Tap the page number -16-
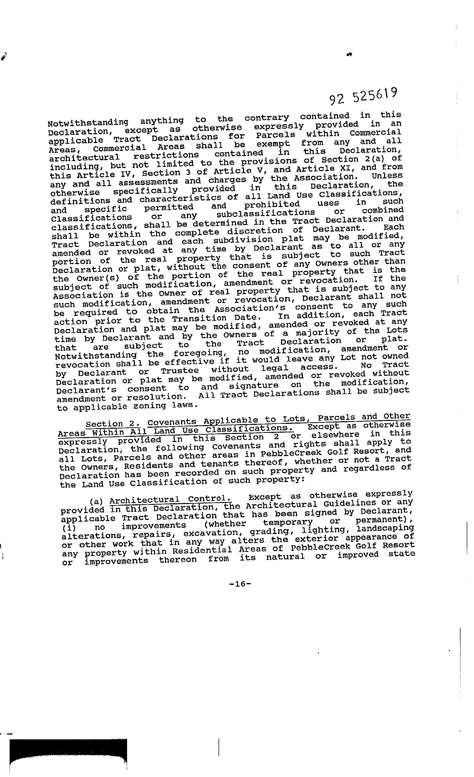tap(240, 584)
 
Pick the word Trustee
tap(180, 371)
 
